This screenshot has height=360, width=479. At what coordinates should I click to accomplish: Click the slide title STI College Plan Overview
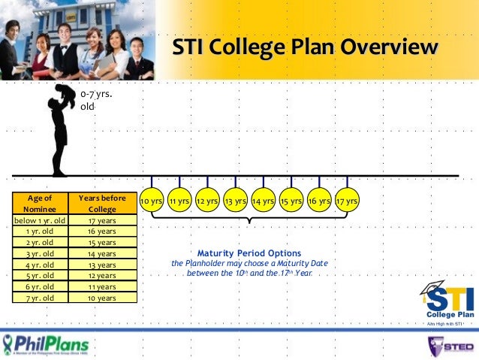point(305,49)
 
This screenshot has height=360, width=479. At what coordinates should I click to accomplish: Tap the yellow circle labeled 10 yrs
point(152,201)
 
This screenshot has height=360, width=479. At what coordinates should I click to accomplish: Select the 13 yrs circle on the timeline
point(236,201)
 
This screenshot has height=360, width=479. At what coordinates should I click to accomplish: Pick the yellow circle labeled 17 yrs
point(347,201)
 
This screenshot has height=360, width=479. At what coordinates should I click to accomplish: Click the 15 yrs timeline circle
point(291,201)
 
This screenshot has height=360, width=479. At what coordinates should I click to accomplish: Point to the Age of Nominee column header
point(38,204)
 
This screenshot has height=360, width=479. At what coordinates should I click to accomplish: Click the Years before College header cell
point(102,204)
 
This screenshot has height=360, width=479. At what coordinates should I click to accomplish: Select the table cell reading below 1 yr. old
point(38,221)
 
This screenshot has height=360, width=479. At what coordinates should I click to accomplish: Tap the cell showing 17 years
point(102,221)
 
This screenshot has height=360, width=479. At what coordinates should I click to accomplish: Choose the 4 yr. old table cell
point(38,265)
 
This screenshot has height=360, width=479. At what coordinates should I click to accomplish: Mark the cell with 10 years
point(102,298)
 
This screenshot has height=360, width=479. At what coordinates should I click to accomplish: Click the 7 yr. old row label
point(38,298)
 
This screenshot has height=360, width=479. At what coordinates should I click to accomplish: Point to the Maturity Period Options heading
point(249,253)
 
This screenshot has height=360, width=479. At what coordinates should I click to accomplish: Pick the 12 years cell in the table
point(102,276)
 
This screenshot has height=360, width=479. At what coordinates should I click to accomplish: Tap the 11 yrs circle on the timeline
point(179,201)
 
